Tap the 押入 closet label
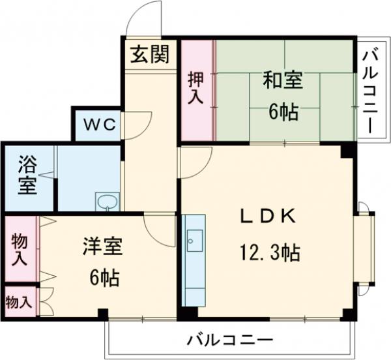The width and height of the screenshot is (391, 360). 196,88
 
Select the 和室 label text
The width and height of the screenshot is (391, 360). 283,82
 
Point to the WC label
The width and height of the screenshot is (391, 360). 97,125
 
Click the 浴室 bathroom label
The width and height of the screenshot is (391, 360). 27,174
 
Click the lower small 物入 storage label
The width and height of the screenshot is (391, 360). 18,302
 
